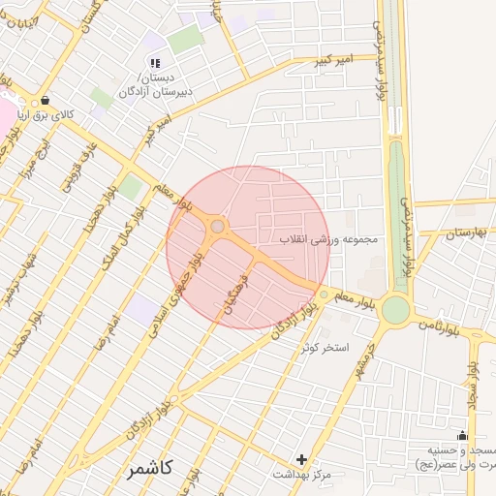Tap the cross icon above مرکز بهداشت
pyautogui.click(x=301, y=458)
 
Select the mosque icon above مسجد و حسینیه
pyautogui.click(x=462, y=435)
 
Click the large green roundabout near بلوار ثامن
pyautogui.click(x=395, y=310)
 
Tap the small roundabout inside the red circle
pyautogui.click(x=218, y=227)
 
